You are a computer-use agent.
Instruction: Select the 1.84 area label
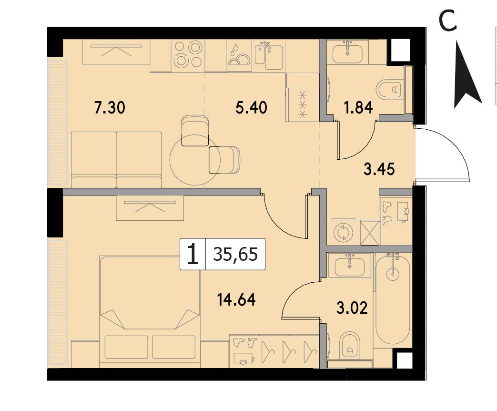click(358, 108)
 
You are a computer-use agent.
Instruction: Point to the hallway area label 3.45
click(379, 169)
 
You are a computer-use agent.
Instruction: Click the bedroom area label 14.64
click(236, 299)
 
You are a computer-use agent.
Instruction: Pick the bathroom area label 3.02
click(352, 308)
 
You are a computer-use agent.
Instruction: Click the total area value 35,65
click(235, 254)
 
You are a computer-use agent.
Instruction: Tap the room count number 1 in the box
click(193, 255)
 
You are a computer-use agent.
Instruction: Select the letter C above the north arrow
click(447, 21)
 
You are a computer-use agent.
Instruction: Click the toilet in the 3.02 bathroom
click(350, 346)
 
